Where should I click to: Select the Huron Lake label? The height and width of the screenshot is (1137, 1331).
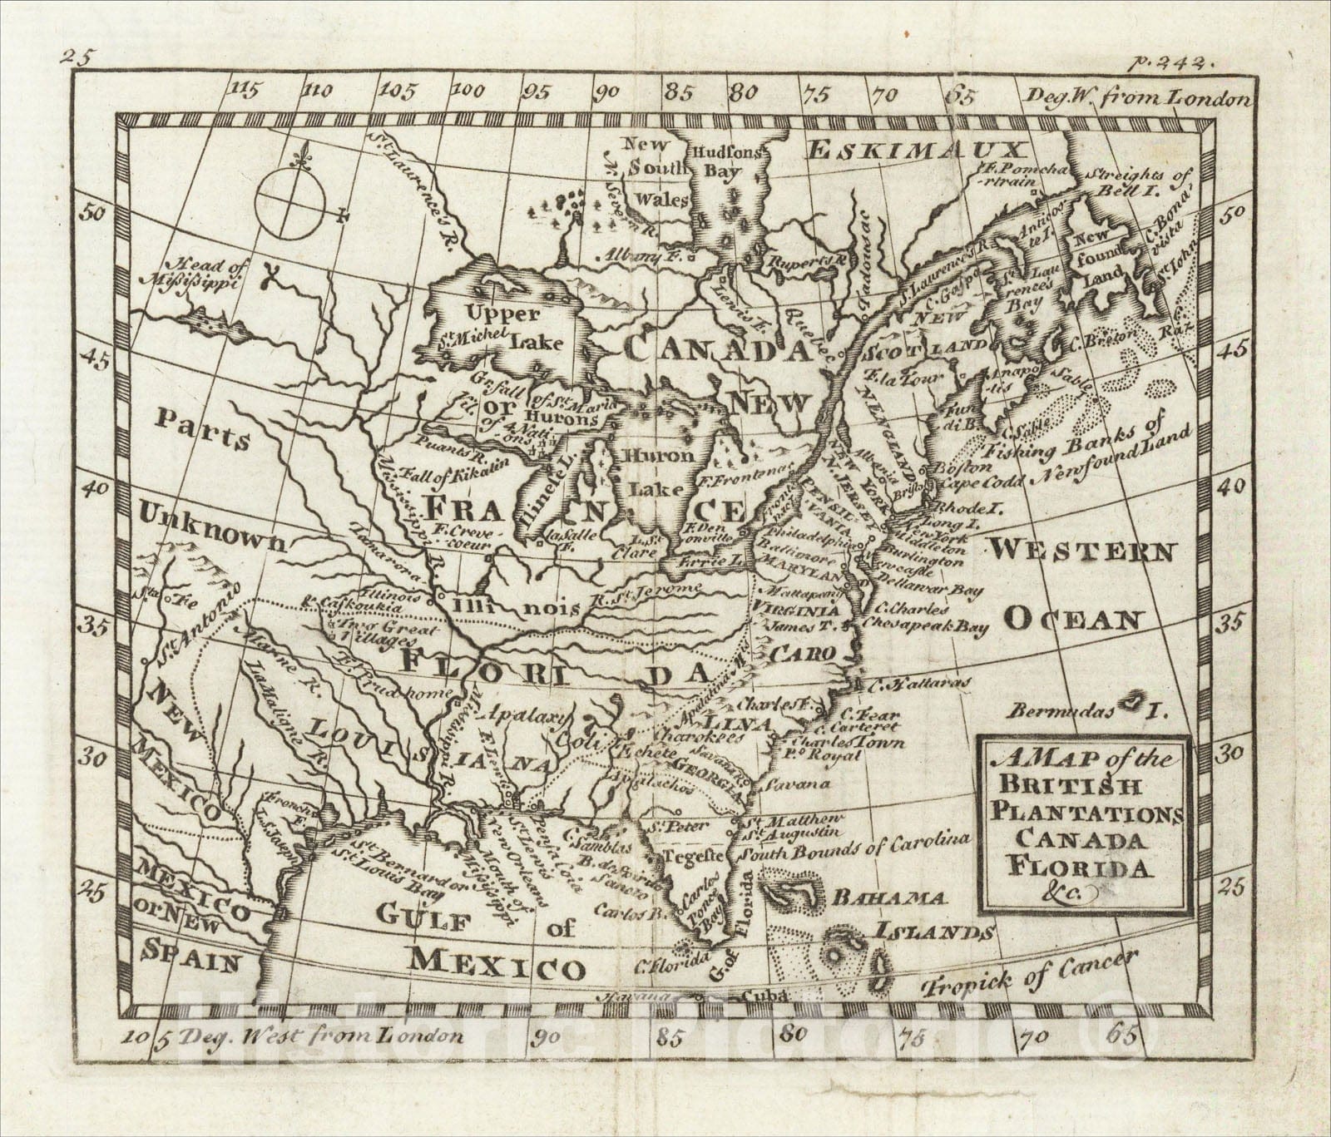pos(659,472)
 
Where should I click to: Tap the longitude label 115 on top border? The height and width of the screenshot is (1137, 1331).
pos(243,89)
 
